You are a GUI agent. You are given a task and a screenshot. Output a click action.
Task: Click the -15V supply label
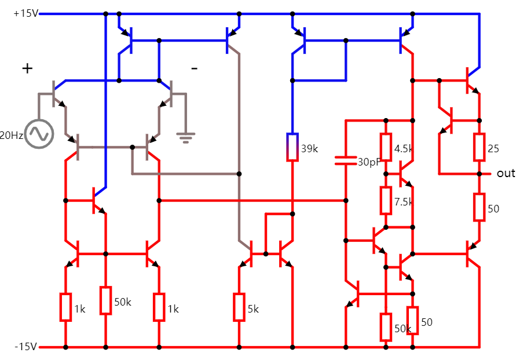point(25,347)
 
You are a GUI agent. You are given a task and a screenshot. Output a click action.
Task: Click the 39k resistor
point(292,148)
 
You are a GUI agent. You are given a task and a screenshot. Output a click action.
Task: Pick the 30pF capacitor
point(345,160)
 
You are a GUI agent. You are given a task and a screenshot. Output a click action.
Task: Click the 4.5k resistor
point(386,148)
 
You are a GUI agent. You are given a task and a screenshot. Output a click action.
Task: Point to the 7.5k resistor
point(386,200)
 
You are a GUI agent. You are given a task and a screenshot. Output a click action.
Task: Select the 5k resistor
point(239,307)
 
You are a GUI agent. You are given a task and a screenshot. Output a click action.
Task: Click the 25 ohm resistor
point(479,147)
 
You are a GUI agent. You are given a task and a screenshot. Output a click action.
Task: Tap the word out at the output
point(506,174)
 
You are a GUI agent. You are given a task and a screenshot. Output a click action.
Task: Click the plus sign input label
point(27,68)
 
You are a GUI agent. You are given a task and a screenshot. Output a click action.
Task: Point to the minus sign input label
point(194,69)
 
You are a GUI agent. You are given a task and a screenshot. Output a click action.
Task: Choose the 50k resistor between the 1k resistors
point(105,300)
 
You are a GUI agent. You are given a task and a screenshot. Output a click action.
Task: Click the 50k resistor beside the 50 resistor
point(386,327)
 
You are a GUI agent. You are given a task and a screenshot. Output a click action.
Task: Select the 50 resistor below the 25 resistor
point(479,207)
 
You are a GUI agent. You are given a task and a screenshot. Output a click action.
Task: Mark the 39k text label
point(310,149)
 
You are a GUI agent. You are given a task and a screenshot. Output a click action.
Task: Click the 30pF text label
point(368,161)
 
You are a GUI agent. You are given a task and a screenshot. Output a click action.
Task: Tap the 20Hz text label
point(12,135)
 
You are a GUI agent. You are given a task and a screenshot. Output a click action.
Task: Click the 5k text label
point(253,309)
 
